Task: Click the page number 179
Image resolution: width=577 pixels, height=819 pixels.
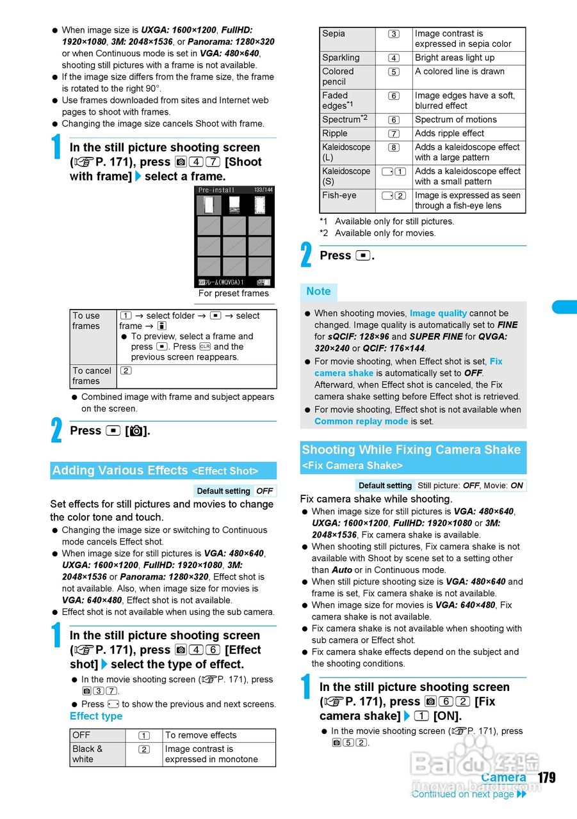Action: pyautogui.click(x=546, y=777)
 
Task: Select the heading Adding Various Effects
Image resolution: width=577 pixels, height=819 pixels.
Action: pyautogui.click(x=120, y=470)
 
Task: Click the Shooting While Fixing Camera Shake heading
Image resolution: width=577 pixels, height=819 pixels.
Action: pyautogui.click(x=411, y=450)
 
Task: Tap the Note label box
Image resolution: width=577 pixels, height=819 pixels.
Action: pyautogui.click(x=318, y=292)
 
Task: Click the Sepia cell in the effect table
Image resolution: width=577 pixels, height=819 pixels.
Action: pyautogui.click(x=347, y=38)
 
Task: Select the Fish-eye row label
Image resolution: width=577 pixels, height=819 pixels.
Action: pyautogui.click(x=347, y=200)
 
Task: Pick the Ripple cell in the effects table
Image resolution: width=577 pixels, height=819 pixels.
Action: pyautogui.click(x=347, y=134)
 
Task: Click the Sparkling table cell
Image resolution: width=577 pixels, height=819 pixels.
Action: pyautogui.click(x=347, y=58)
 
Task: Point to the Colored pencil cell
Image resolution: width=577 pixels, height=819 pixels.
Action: pyautogui.click(x=347, y=77)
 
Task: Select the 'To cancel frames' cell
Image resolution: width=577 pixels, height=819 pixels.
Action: pyautogui.click(x=93, y=376)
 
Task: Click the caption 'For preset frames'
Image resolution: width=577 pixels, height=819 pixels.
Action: pyautogui.click(x=233, y=294)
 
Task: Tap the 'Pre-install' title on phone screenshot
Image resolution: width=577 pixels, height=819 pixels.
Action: pyautogui.click(x=216, y=190)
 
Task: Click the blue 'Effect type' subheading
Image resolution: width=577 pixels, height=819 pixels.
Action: pyautogui.click(x=96, y=716)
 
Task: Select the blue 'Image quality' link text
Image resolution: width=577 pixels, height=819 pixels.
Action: pyautogui.click(x=438, y=314)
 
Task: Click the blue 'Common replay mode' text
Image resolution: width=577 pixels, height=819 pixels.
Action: pyautogui.click(x=361, y=421)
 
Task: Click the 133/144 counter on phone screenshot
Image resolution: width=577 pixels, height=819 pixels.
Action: pyautogui.click(x=263, y=190)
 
